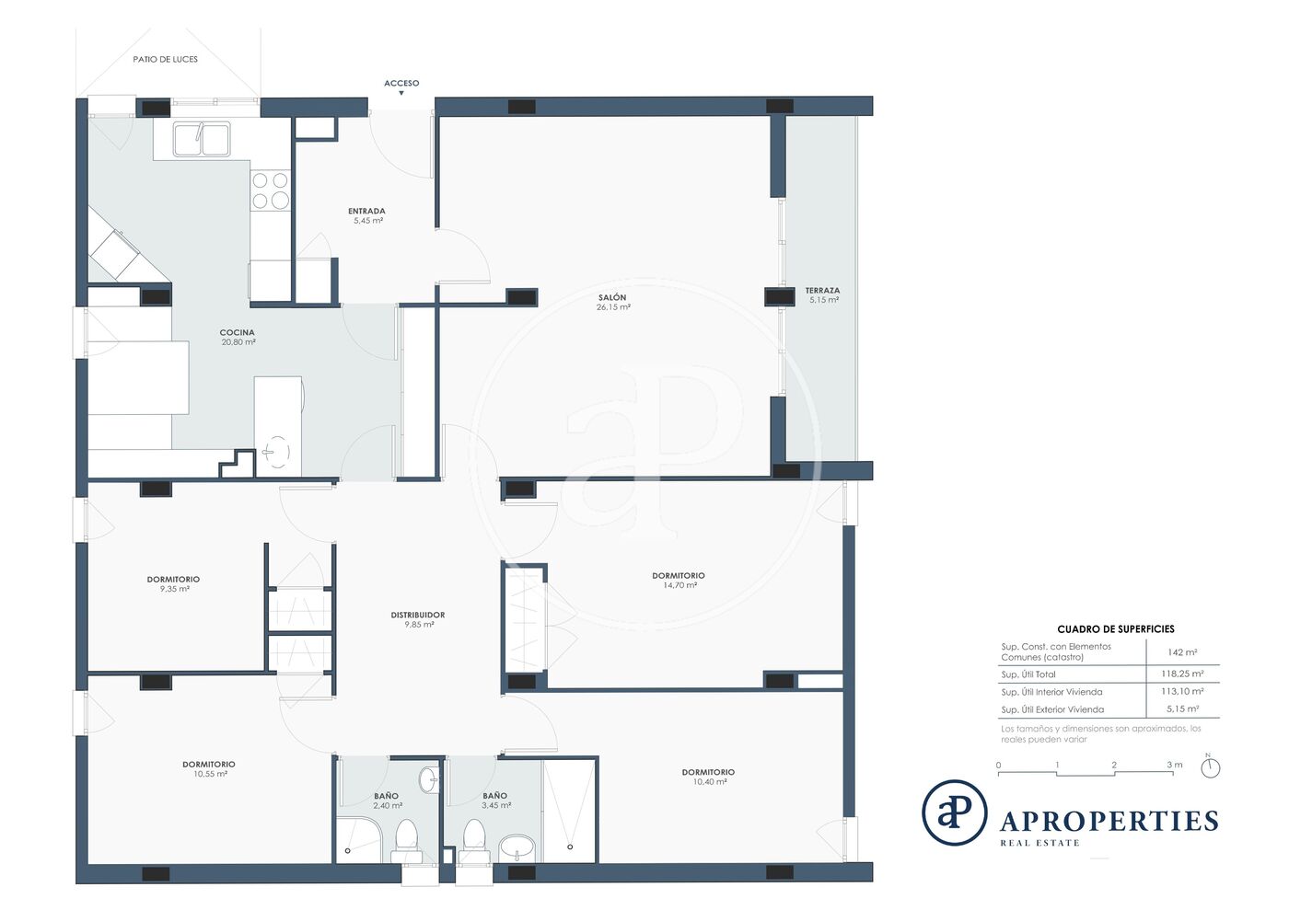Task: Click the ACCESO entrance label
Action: [401, 83]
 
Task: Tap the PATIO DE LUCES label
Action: [165, 59]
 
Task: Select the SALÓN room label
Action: [612, 297]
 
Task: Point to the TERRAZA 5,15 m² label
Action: [823, 295]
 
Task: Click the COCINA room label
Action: [238, 332]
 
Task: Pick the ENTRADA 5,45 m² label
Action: [367, 215]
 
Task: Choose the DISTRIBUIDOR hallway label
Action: [418, 615]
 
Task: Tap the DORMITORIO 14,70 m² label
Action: [679, 580]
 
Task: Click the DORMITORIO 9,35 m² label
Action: [173, 584]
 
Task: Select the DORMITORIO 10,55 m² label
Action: [209, 769]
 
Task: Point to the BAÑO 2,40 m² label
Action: [387, 801]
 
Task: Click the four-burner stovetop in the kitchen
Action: [271, 190]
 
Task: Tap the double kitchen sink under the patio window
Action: [202, 139]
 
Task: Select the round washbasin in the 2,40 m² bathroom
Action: [427, 780]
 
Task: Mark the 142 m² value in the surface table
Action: [1182, 652]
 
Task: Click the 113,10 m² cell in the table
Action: [1182, 691]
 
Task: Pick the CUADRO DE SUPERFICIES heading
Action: [1116, 629]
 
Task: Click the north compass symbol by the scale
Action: [1211, 767]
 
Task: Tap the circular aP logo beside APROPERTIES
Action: [955, 812]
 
